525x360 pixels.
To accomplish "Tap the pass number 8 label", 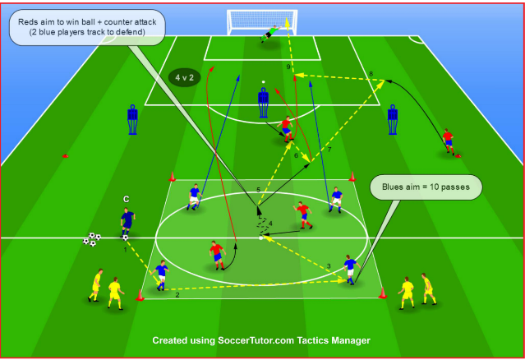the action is click(x=371, y=74).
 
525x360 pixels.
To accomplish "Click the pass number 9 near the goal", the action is click(x=288, y=65).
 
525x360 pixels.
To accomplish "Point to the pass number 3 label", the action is click(x=329, y=265).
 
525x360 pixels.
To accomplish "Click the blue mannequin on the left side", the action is click(x=131, y=118).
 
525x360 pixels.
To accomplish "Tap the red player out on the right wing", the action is click(x=449, y=141).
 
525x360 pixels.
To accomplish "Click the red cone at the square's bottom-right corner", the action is click(x=382, y=293).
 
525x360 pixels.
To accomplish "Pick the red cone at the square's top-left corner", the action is click(x=173, y=176).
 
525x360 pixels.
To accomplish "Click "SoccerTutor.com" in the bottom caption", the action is click(x=255, y=339).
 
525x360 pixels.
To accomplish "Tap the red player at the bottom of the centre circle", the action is click(x=216, y=254).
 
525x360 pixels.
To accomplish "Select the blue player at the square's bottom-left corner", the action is click(x=161, y=275).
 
